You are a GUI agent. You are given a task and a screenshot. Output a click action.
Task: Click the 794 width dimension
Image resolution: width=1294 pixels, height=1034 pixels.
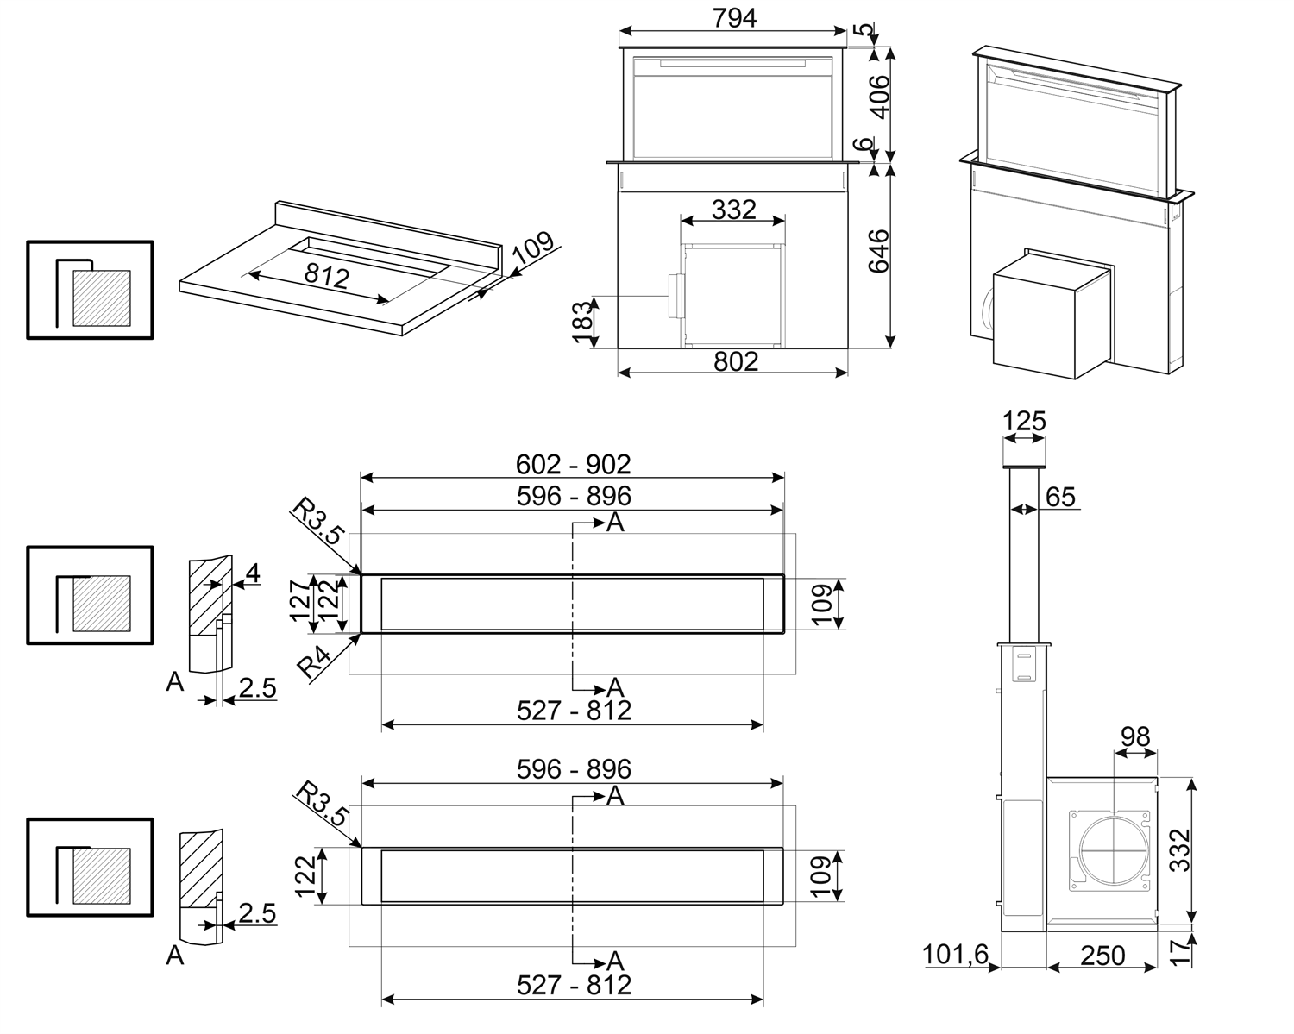point(734,16)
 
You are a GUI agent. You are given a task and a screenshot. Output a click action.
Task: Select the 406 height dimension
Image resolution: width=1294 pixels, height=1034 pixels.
point(877,97)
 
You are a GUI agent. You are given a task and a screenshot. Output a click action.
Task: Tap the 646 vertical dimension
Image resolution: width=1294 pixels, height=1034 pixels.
point(877,251)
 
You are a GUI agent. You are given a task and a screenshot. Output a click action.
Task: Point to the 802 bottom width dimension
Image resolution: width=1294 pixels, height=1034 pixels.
point(735,360)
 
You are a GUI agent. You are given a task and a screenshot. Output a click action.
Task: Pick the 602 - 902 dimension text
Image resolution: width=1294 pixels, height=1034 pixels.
point(573,464)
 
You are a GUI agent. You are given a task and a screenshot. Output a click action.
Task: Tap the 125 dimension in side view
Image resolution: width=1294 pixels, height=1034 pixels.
point(1024,422)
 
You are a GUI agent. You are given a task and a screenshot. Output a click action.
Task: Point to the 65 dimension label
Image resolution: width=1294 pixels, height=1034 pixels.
point(1060,497)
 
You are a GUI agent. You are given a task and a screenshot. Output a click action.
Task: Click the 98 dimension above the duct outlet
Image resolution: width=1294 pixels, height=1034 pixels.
point(1135,736)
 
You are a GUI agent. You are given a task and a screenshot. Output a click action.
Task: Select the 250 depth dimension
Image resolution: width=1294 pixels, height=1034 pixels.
point(1102,955)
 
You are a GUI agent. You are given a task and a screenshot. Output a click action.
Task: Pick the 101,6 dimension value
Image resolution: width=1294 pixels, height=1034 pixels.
point(955,955)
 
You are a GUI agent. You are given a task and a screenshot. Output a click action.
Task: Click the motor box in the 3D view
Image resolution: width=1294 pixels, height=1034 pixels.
point(1049,318)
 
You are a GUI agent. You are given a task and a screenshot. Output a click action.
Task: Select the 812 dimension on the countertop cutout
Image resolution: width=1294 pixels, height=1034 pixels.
point(327,276)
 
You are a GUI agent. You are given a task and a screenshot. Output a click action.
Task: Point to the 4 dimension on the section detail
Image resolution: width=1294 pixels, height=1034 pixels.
point(252,572)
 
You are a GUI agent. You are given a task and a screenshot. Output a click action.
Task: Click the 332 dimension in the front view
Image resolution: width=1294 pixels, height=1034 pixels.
point(734,209)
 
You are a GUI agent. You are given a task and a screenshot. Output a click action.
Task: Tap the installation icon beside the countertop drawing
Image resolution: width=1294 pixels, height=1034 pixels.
point(90,290)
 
